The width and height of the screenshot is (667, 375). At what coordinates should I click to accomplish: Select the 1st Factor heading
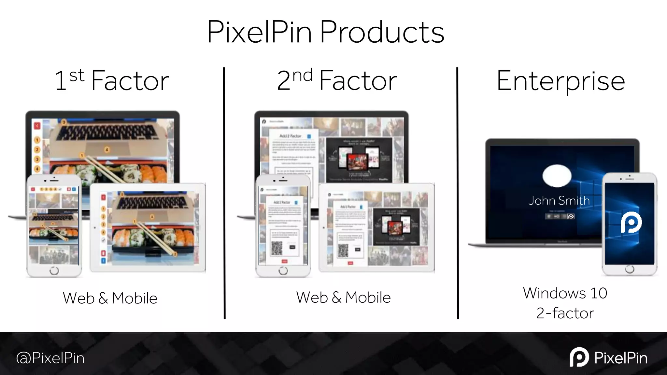[x=112, y=80]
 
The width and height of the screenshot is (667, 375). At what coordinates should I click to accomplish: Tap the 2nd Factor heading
[x=337, y=80]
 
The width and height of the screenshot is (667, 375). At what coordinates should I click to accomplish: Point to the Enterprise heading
[x=561, y=81]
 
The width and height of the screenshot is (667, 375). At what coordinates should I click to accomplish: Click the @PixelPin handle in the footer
[x=50, y=358]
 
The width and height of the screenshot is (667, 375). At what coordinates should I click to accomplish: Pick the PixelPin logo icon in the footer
[x=579, y=357]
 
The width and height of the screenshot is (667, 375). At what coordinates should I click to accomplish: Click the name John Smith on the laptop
[x=559, y=201]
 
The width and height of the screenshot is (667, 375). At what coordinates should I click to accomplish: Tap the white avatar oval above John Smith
[x=557, y=176]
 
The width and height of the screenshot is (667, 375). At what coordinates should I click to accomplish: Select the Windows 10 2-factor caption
[x=565, y=303]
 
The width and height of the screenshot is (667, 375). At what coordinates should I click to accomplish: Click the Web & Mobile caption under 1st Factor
[x=110, y=298]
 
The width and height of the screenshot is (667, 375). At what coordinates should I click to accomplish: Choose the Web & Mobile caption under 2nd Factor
[x=343, y=298]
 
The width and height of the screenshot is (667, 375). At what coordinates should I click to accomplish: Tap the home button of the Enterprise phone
[x=630, y=269]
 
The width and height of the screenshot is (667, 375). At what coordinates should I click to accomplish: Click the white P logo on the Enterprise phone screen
[x=631, y=223]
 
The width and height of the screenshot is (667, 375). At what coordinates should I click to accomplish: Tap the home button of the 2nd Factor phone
[x=283, y=270]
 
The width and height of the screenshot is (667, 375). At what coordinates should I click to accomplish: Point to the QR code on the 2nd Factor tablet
[x=343, y=250]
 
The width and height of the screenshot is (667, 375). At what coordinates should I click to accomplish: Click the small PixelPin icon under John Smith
[x=571, y=216]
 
